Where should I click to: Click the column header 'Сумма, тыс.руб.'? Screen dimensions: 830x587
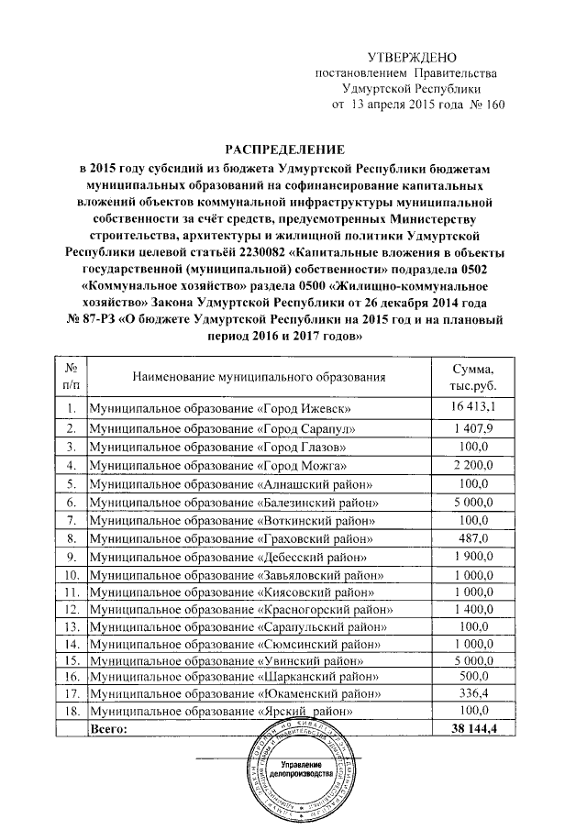[x=472, y=376]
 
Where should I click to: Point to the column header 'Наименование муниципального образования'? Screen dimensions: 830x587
[x=259, y=376]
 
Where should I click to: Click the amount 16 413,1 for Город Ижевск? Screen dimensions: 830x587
[x=472, y=406]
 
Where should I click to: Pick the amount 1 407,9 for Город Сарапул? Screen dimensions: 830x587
[x=472, y=428]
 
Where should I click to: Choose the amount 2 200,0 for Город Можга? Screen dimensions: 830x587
[x=472, y=466]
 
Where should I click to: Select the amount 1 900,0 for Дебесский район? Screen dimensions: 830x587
[x=472, y=557]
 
